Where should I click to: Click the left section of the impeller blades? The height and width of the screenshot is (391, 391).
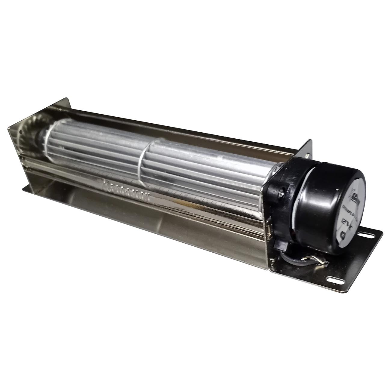pyautogui.click(x=96, y=144)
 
